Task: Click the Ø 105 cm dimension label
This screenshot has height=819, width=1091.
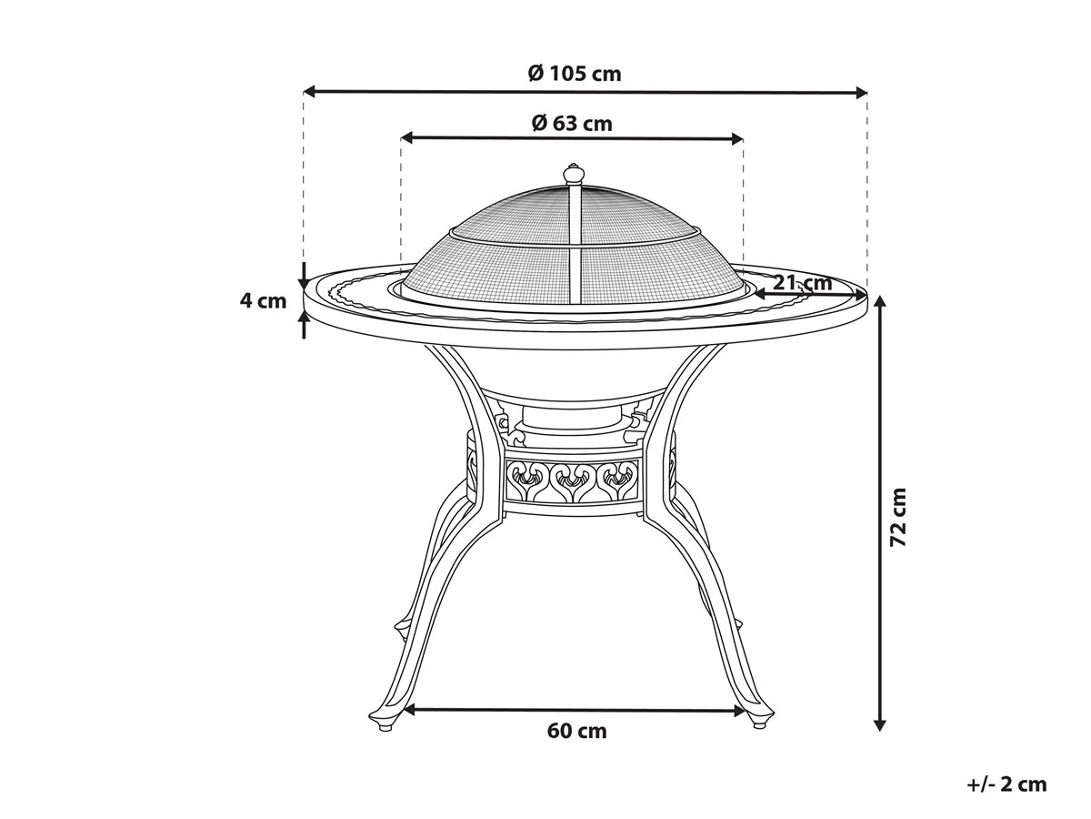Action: pyautogui.click(x=575, y=74)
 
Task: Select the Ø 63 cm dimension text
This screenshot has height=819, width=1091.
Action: pyautogui.click(x=572, y=123)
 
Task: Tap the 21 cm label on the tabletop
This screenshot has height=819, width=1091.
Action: pyautogui.click(x=803, y=283)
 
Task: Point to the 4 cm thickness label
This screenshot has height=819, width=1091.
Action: pyautogui.click(x=263, y=300)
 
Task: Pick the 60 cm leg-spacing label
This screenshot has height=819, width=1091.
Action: pyautogui.click(x=577, y=730)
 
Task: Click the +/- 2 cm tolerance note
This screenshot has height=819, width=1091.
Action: pyautogui.click(x=1006, y=784)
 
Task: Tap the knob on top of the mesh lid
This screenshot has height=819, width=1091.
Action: pyautogui.click(x=574, y=173)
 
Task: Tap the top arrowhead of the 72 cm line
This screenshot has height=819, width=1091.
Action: pyautogui.click(x=879, y=302)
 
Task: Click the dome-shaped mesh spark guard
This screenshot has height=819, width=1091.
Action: pyautogui.click(x=573, y=246)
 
